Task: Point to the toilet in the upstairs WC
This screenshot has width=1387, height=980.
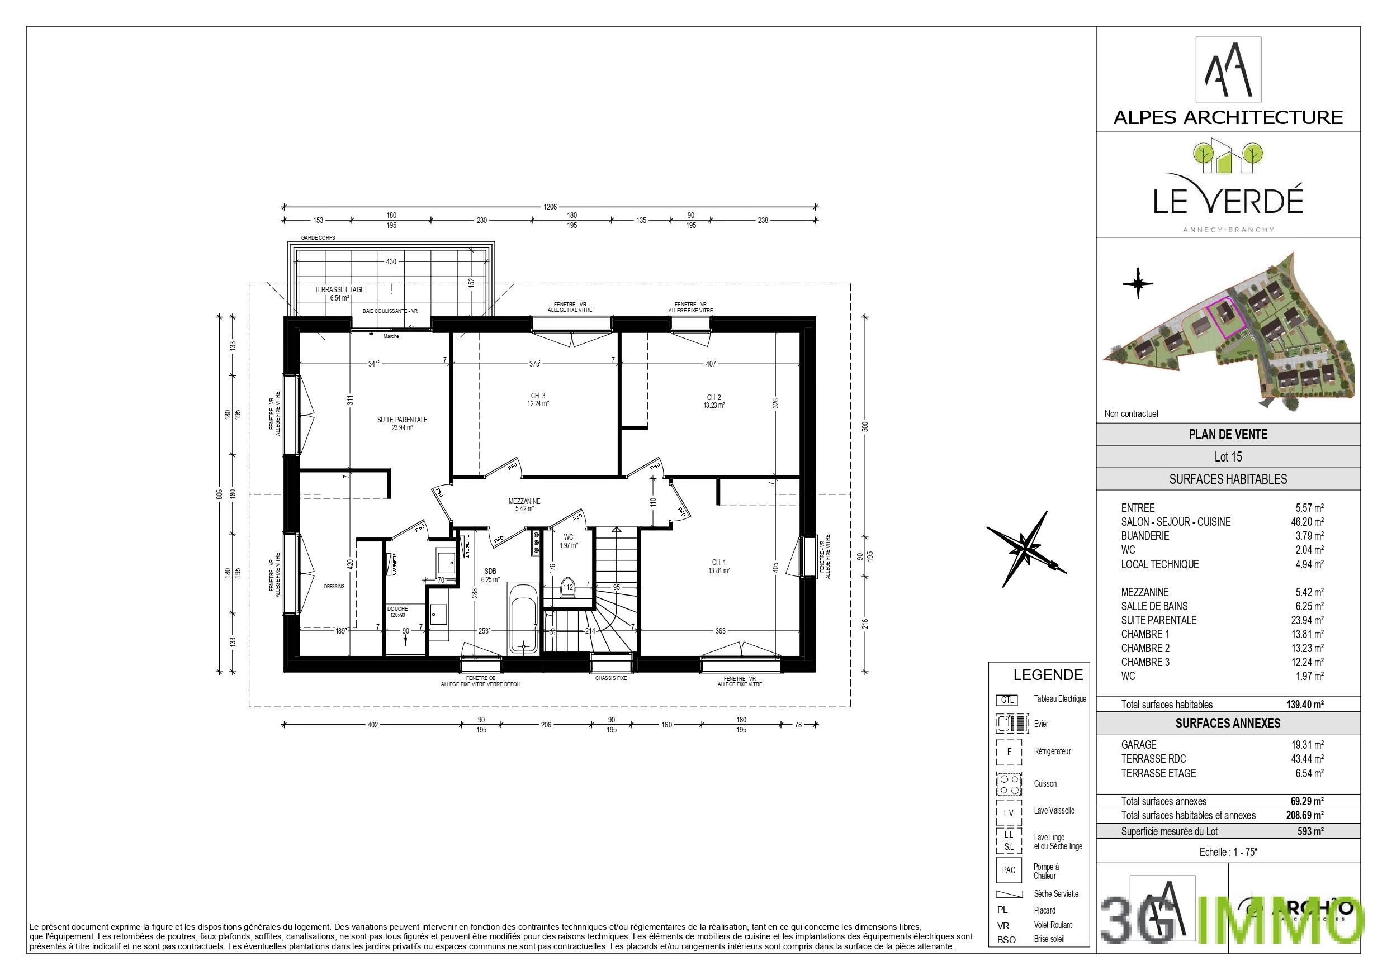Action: (567, 589)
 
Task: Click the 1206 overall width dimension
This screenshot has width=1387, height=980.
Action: (550, 207)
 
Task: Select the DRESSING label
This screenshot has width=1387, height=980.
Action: (334, 586)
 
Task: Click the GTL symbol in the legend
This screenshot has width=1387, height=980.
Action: (1006, 701)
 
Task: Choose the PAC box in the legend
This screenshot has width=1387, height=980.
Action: (1008, 870)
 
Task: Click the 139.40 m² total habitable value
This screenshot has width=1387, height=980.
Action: (1304, 705)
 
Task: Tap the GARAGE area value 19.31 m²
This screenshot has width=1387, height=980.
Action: (1306, 745)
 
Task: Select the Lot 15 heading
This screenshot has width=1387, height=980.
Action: (1228, 457)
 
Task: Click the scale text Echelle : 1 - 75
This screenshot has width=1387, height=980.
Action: (1228, 853)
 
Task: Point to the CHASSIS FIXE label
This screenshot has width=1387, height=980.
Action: (610, 678)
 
